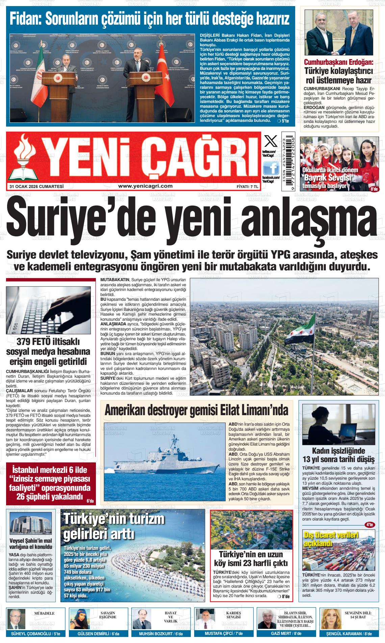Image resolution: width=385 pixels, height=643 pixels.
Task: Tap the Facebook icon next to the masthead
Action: (x=271, y=168)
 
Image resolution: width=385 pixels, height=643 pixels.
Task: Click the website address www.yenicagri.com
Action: (x=145, y=186)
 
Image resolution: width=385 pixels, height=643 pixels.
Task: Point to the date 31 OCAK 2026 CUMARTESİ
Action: (x=37, y=186)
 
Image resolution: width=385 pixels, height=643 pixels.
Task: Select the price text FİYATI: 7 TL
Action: (x=247, y=186)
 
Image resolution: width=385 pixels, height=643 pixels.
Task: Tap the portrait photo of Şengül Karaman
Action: (x=329, y=618)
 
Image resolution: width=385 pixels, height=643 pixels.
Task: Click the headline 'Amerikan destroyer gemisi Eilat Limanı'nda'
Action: (x=196, y=410)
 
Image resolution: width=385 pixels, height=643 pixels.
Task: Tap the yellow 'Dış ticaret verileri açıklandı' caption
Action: (x=326, y=539)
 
